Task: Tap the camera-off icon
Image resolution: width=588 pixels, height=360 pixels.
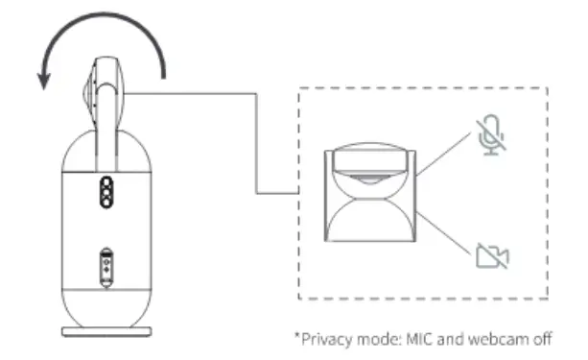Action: point(493,254)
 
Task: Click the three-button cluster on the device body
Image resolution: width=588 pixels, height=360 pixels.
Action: point(105,190)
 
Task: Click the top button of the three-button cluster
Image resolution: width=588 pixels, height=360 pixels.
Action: point(105,180)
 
